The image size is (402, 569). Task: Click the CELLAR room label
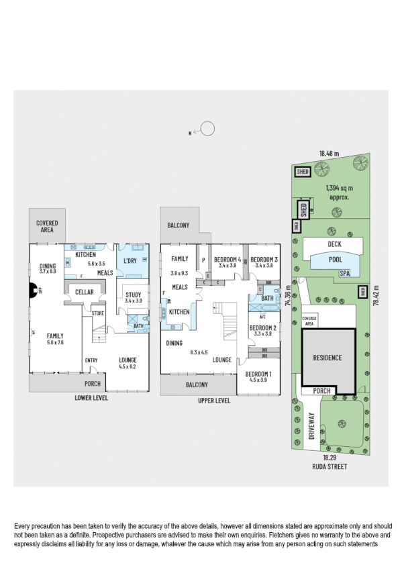(x=84, y=292)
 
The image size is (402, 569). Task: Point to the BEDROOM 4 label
(x=226, y=260)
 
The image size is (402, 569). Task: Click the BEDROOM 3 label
(x=263, y=260)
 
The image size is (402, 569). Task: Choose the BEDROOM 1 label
(x=258, y=374)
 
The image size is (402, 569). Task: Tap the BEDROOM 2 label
(x=262, y=328)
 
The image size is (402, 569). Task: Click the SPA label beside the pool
(x=344, y=273)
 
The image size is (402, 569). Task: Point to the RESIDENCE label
(x=328, y=358)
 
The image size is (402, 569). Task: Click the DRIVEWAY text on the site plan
(x=312, y=425)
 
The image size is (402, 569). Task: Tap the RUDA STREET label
(x=328, y=466)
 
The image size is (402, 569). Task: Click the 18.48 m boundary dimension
(x=328, y=154)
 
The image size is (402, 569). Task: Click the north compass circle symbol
(x=209, y=127)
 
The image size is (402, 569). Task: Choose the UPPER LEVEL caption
(x=214, y=400)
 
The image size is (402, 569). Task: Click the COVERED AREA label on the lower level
(x=46, y=226)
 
